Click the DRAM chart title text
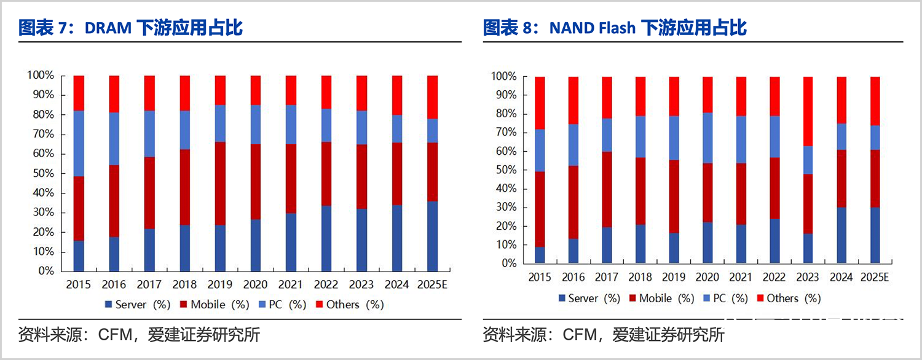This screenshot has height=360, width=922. pos(131,28)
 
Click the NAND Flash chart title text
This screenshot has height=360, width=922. pos(615,28)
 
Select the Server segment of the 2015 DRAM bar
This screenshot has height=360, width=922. pos(79,256)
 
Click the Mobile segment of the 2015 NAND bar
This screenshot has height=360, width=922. pos(539,209)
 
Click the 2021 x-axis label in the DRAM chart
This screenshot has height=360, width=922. pos(291,284)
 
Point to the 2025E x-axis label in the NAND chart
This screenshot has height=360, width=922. pos(874,278)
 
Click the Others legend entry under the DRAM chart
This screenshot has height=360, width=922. pos(349,304)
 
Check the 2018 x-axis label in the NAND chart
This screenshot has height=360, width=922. pos(640,278)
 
